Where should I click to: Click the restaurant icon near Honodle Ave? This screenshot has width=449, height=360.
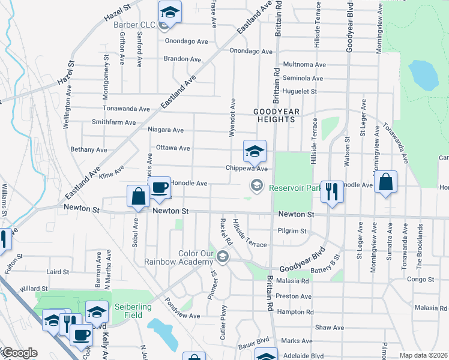331,191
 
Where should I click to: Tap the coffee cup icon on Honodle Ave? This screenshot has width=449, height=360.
160,188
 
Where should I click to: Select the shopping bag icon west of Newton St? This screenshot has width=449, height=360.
138,196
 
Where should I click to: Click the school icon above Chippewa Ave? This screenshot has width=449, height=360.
255,151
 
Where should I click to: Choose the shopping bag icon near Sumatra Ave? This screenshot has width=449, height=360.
385,182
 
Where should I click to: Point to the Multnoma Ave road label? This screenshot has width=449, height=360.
304,64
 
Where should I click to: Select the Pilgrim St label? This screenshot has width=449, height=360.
292,230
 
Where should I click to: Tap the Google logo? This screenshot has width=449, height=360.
19,353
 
